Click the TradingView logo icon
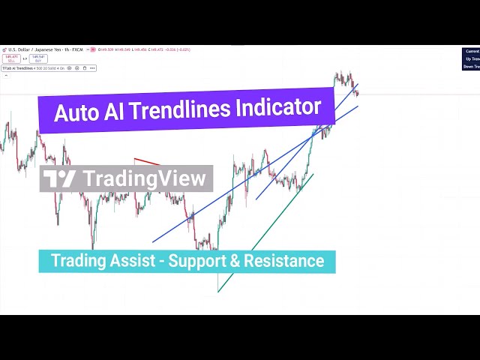coord(59,178)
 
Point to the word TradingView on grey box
coord(143,178)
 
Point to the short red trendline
coord(147,161)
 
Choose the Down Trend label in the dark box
coord(471,66)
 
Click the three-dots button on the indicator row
coord(93,68)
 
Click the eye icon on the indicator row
coord(69,68)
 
